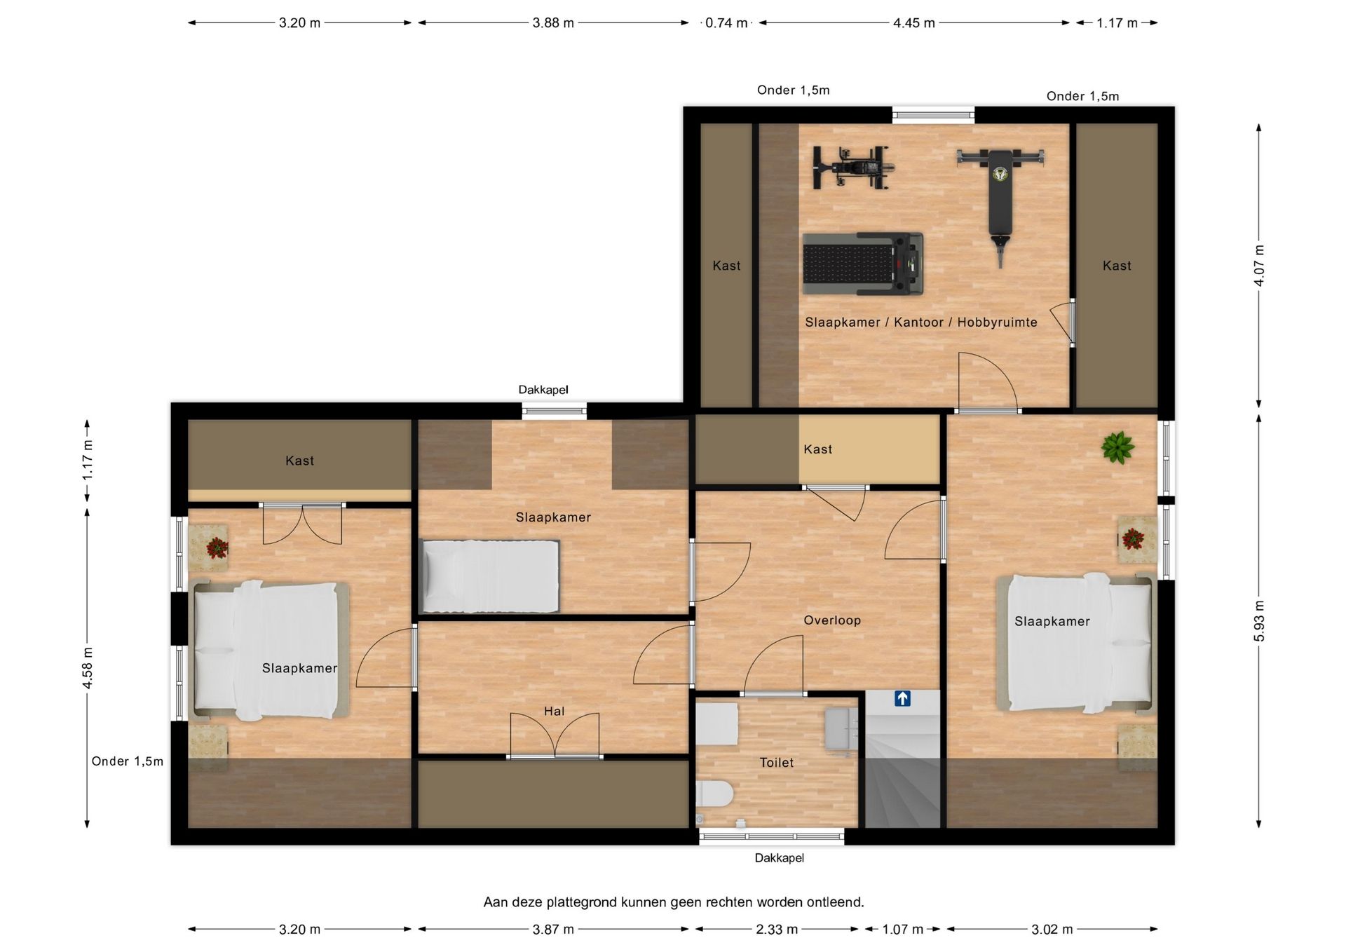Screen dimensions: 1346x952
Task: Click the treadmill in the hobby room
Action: (862, 264)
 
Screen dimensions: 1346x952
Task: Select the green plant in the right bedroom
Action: (1117, 447)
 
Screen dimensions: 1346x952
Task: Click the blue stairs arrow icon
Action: (902, 698)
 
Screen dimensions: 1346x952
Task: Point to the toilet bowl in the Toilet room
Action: (715, 795)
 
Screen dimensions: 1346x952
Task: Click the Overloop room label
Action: (832, 620)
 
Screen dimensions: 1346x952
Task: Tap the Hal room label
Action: (554, 712)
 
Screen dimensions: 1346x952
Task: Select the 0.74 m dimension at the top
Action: (726, 23)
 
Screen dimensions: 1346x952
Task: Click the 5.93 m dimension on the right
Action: (1260, 621)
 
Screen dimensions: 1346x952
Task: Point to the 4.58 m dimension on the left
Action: (88, 667)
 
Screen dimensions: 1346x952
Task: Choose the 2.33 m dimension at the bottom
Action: (777, 930)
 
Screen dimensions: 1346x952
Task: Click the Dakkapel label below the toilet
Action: (780, 858)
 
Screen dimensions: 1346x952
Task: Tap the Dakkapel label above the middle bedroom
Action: (543, 390)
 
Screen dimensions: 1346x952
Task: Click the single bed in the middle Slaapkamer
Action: (489, 576)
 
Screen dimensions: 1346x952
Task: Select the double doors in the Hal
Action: (555, 736)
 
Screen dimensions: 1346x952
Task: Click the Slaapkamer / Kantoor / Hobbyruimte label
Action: (921, 322)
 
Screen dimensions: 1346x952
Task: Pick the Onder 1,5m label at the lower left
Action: (128, 761)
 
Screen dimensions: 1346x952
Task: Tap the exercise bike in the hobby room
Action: (853, 168)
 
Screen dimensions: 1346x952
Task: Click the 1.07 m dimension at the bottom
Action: (902, 930)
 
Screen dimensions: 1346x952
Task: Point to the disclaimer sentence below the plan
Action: (674, 902)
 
